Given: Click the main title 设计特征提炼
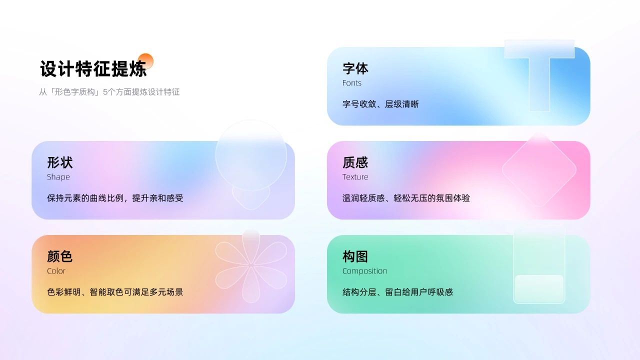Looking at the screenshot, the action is point(93,68).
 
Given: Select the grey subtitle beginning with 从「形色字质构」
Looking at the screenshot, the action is point(109,92).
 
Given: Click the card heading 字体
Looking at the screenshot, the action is point(355,68).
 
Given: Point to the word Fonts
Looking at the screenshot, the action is point(351,83).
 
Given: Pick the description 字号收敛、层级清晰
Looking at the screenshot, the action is point(380,104).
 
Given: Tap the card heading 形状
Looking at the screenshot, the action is point(59,162).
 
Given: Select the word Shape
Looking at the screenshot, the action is point(58,177).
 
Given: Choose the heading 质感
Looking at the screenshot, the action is point(355,162).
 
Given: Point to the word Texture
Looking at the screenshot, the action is point(355,177).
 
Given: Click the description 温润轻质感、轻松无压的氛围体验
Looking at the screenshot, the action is point(406,198).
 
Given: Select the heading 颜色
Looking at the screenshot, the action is point(59,256).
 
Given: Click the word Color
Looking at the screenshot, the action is point(56,271).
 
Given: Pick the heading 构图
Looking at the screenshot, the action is point(355,256).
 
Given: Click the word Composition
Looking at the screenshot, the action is point(364,271).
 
